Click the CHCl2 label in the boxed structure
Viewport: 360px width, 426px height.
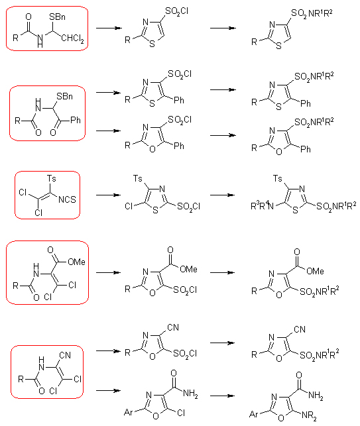point(73,38)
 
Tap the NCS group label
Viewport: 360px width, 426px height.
point(67,199)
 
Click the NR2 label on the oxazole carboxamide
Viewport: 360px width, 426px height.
point(309,416)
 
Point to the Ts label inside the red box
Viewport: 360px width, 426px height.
point(52,178)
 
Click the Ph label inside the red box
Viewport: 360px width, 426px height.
point(76,120)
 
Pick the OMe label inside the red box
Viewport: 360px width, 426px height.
point(76,262)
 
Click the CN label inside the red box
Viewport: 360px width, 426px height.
point(65,355)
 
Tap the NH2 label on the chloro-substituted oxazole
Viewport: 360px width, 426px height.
point(190,394)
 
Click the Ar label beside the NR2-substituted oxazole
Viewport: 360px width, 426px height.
point(254,414)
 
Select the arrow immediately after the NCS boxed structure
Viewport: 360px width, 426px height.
point(108,195)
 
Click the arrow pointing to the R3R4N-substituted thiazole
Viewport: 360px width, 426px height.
point(222,195)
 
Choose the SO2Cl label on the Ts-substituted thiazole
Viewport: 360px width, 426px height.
point(189,207)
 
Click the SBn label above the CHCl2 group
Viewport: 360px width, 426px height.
point(57,17)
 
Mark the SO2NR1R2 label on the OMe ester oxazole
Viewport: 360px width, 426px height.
point(320,292)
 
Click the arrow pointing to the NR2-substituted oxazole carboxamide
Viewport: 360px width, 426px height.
point(222,396)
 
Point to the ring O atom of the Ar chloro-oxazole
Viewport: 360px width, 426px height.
point(156,416)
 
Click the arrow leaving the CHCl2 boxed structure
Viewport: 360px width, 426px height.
point(109,28)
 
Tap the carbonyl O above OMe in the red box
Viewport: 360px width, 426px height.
point(50,250)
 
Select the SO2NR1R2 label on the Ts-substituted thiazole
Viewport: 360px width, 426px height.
point(336,206)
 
